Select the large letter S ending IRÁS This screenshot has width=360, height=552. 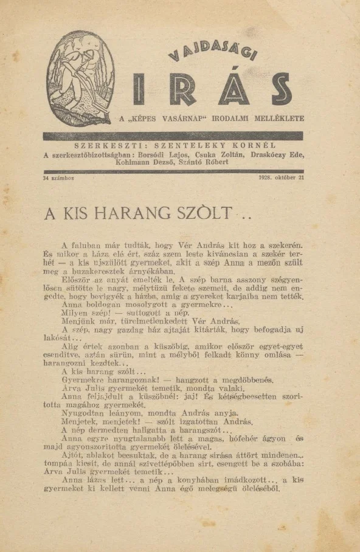[280, 89]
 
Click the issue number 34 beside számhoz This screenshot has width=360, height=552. [47, 178]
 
